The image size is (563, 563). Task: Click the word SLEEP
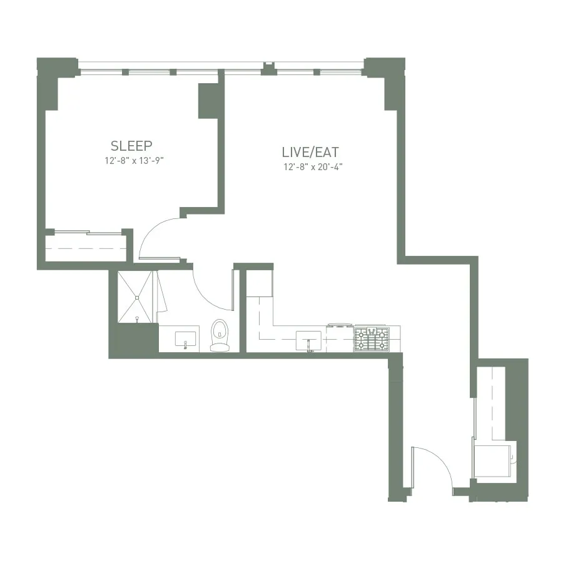pos(131,146)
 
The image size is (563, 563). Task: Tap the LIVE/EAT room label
pos(310,152)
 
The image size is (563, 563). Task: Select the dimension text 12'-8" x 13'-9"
pos(138,161)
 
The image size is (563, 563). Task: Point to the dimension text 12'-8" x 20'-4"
pos(313,167)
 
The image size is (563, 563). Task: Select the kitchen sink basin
pos(310,340)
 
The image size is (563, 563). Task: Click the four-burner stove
pos(372,340)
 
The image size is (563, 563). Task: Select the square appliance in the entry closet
pos(494,461)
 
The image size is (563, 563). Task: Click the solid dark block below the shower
pos(133,340)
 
